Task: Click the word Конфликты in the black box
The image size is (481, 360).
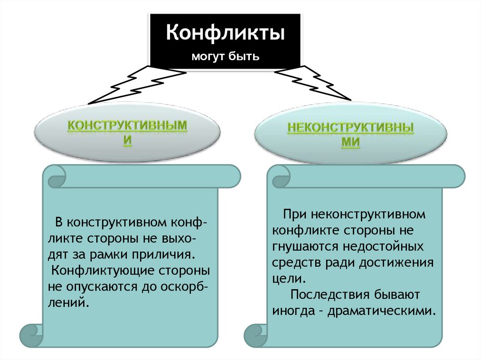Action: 225,34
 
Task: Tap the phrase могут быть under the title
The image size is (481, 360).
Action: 225,57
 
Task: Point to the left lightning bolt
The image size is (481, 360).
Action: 136,84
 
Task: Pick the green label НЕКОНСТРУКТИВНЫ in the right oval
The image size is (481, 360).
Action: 350,128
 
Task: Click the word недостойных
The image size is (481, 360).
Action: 383,246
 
